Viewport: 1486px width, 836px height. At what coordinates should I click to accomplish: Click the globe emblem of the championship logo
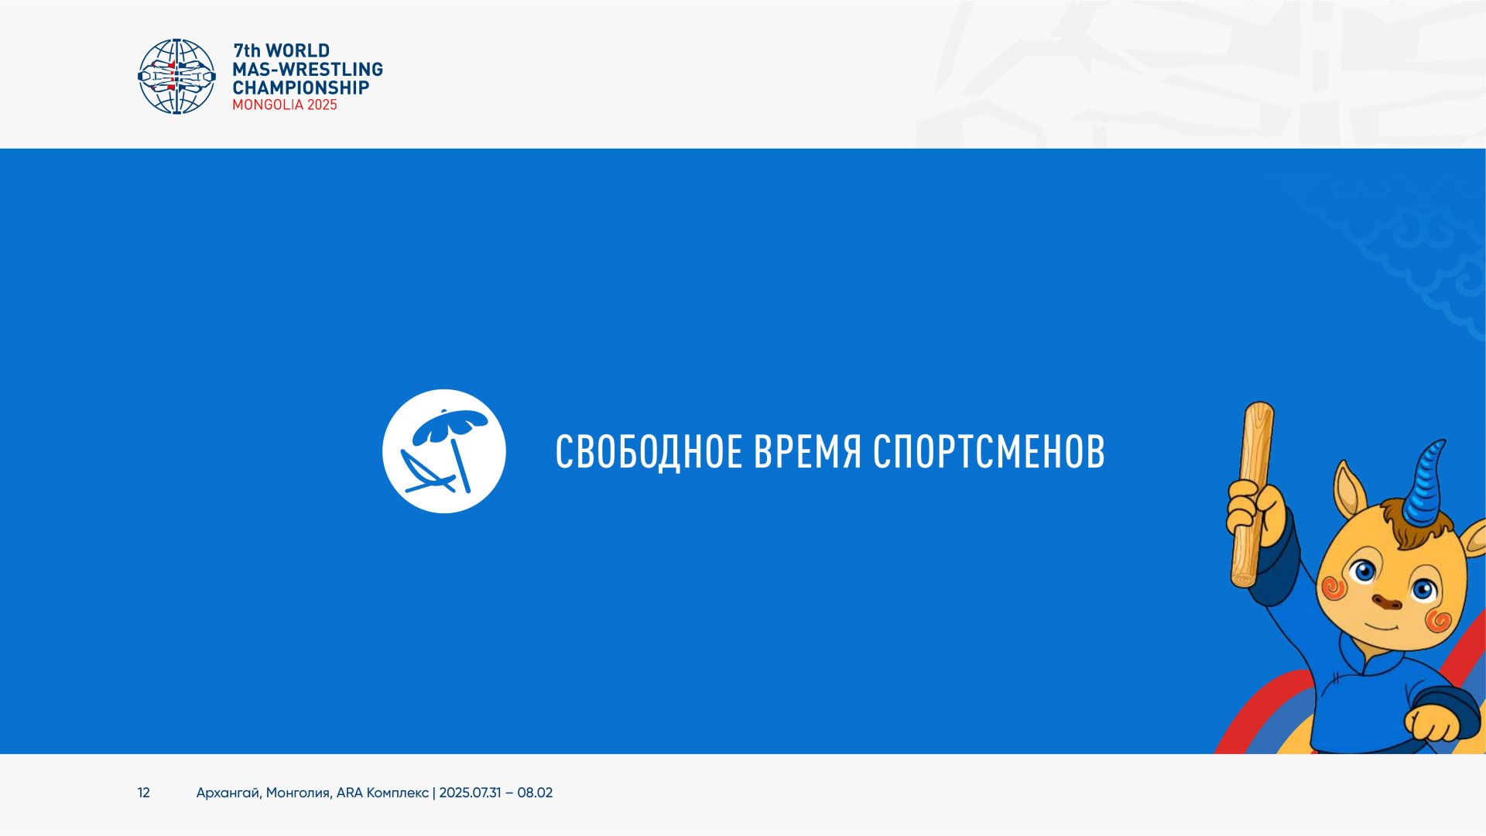pyautogui.click(x=176, y=77)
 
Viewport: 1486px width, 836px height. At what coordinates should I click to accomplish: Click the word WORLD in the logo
pyautogui.click(x=298, y=51)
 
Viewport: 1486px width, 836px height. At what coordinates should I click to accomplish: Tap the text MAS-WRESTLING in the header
pyautogui.click(x=308, y=70)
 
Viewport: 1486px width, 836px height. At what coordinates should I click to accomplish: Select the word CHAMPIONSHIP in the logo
pyautogui.click(x=301, y=87)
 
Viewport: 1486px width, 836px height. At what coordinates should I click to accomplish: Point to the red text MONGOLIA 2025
pyautogui.click(x=285, y=105)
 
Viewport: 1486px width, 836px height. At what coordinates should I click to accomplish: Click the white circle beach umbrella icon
pyautogui.click(x=444, y=451)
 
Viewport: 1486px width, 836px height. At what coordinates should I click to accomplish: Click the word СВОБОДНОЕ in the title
pyautogui.click(x=649, y=452)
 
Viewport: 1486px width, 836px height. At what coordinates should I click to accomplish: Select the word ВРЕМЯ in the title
pyautogui.click(x=808, y=452)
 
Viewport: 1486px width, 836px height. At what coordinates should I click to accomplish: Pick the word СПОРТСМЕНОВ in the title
pyautogui.click(x=989, y=452)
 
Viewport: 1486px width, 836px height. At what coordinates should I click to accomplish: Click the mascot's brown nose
pyautogui.click(x=1386, y=601)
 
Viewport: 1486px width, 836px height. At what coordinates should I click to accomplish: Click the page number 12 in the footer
pyautogui.click(x=144, y=793)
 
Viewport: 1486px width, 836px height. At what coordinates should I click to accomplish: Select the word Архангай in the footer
pyautogui.click(x=229, y=793)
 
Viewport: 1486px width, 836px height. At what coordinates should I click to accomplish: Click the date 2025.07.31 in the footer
pyautogui.click(x=470, y=793)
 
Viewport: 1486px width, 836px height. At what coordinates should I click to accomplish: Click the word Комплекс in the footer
pyautogui.click(x=397, y=793)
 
